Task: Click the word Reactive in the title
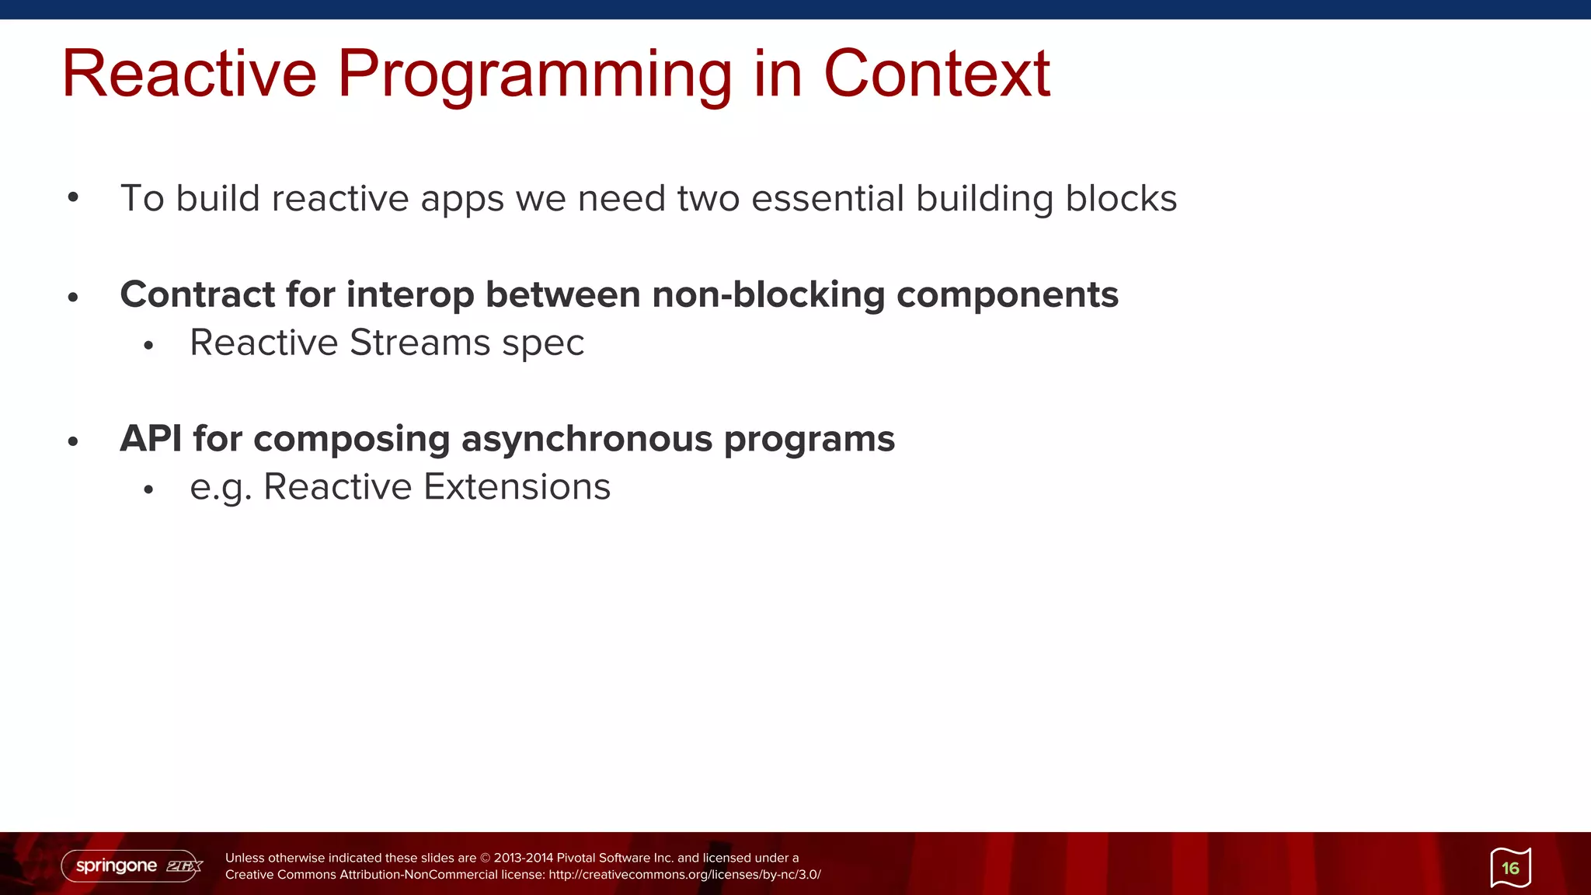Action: pos(190,74)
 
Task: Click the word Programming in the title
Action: pos(534,75)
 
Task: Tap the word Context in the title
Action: pos(936,74)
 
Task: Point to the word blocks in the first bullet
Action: pos(1121,198)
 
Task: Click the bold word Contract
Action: pos(197,294)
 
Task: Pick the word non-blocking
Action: pos(768,295)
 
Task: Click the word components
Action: pos(1007,296)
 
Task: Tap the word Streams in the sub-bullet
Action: pos(420,343)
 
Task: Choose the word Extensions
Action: pos(517,487)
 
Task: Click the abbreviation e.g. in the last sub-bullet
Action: pos(221,489)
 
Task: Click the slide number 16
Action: pos(1510,868)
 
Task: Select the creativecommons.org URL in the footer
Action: pos(684,875)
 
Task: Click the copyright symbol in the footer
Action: pos(486,858)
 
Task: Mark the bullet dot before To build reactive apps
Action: pos(73,197)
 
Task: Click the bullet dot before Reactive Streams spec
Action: pos(149,345)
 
